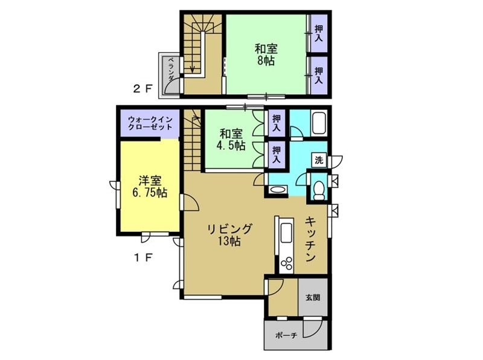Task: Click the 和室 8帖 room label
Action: coord(266,54)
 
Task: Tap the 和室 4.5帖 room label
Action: coord(231,140)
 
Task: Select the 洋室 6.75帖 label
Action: coord(150,187)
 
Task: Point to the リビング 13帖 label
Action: coord(229,235)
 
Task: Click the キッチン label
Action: coord(310,239)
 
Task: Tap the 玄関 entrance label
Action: coord(313,297)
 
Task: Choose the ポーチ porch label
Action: coord(286,335)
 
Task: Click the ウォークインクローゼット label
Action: coord(150,123)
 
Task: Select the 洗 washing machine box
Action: coord(319,160)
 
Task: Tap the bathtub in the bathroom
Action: coord(319,123)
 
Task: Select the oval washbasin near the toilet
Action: coord(278,190)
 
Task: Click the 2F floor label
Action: coord(142,89)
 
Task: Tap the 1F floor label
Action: coord(143,258)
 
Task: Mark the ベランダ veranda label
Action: coord(171,69)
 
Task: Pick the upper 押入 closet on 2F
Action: coord(319,34)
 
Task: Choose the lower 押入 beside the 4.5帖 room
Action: coord(277,155)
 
